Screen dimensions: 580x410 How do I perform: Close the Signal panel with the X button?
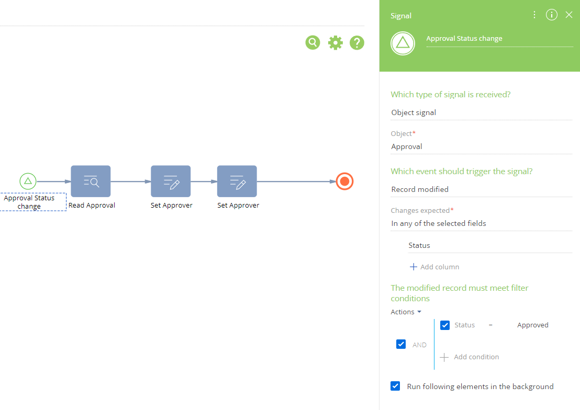[569, 15]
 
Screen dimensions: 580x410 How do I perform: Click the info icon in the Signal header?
[552, 15]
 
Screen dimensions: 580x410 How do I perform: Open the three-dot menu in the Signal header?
[534, 15]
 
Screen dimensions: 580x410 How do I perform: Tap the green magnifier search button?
[313, 42]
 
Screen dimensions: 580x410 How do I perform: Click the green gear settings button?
[335, 43]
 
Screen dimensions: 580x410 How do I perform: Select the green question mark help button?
[357, 43]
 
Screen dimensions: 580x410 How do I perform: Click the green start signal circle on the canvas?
[28, 181]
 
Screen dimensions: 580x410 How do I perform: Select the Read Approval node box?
[91, 181]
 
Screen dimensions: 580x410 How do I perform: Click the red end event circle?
[344, 181]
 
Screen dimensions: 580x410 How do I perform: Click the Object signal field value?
[414, 112]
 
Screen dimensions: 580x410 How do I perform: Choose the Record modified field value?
[420, 189]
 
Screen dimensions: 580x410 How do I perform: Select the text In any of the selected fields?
[439, 223]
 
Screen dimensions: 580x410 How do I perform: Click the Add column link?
[434, 267]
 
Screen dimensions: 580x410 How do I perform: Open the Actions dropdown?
[406, 312]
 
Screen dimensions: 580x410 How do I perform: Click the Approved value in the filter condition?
[533, 325]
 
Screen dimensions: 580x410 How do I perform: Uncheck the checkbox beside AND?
[401, 344]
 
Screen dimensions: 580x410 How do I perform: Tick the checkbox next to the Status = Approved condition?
[445, 325]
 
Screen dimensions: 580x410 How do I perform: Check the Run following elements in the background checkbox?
[395, 386]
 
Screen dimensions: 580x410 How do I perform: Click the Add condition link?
[470, 357]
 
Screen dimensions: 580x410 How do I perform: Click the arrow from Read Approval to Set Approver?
[130, 181]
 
